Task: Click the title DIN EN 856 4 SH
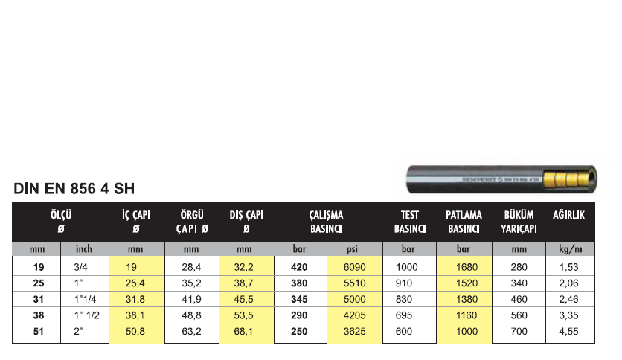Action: coord(74,189)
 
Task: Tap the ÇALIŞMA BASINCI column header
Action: coord(326,222)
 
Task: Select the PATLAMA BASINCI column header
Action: coord(464,222)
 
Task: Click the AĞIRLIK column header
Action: coord(569,215)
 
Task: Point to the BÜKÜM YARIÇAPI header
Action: coord(519,222)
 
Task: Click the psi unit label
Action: coord(352,249)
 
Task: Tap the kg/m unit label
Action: coord(570,249)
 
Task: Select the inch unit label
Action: coord(83,249)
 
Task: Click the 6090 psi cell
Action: coord(354,267)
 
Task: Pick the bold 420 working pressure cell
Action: coord(299,267)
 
